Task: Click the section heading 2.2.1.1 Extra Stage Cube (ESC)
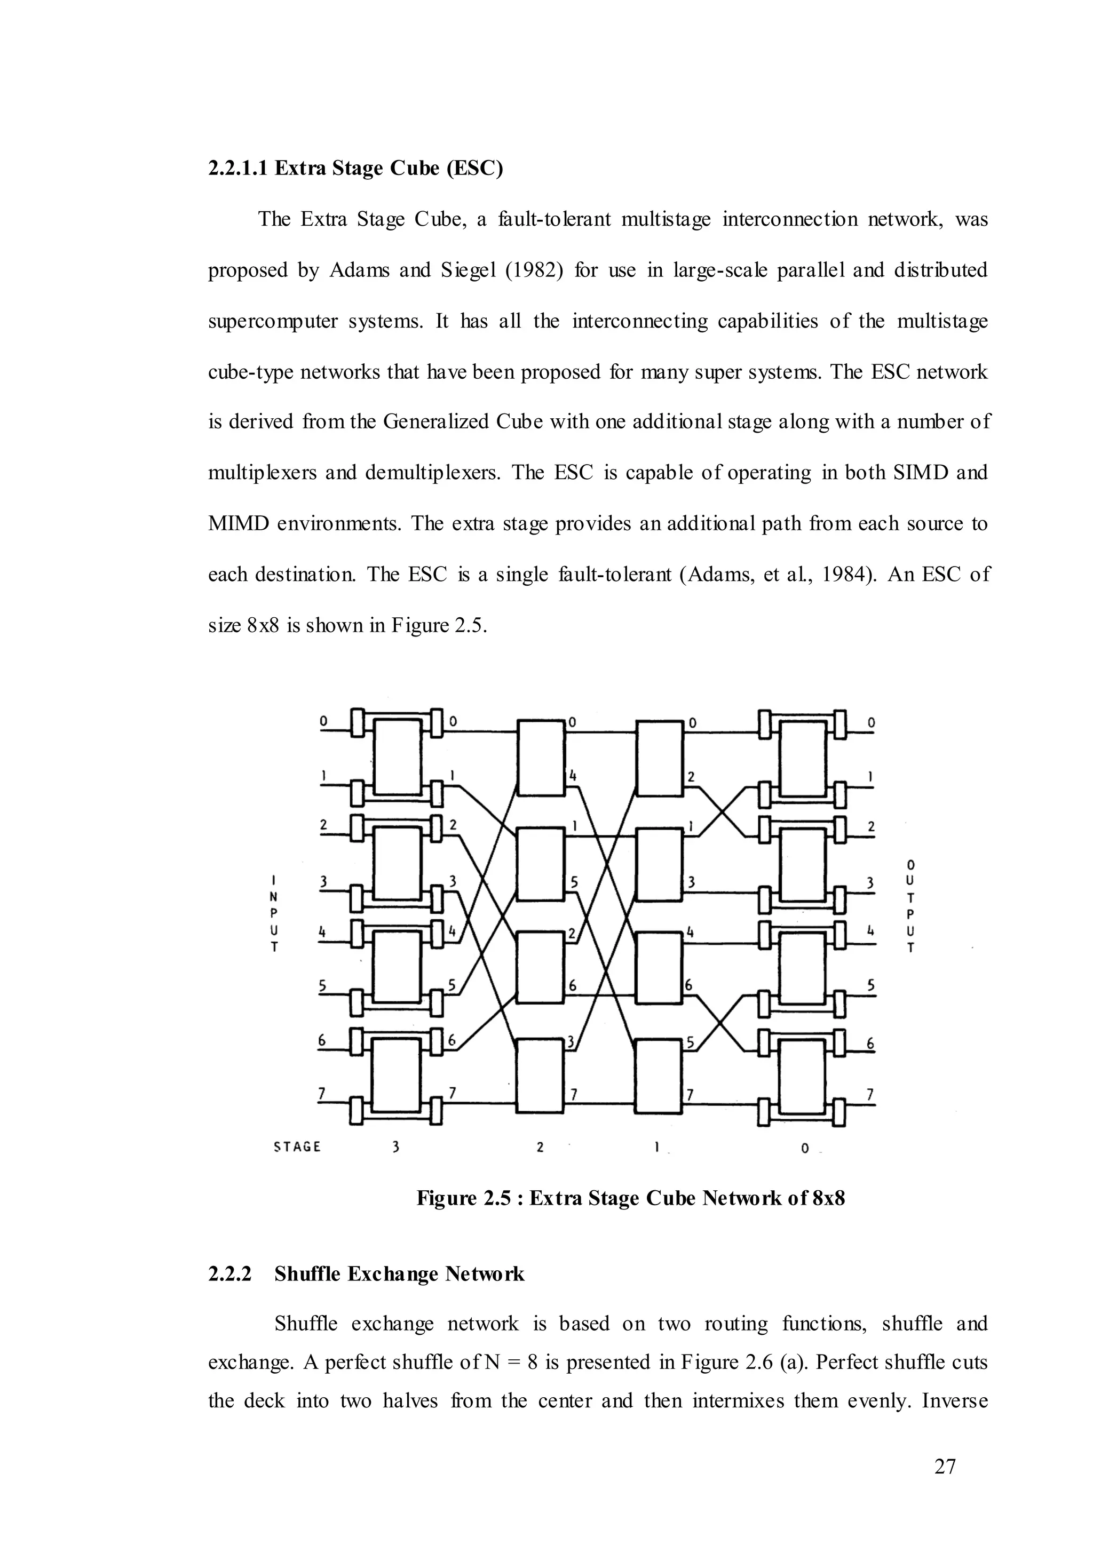[355, 168]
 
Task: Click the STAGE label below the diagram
[297, 1146]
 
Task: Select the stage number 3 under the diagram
[396, 1148]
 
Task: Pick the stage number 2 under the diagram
[540, 1148]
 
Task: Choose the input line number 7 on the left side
[322, 1094]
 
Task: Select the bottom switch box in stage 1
[660, 1077]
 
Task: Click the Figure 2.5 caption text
[631, 1198]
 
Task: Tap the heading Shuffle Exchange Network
[399, 1275]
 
